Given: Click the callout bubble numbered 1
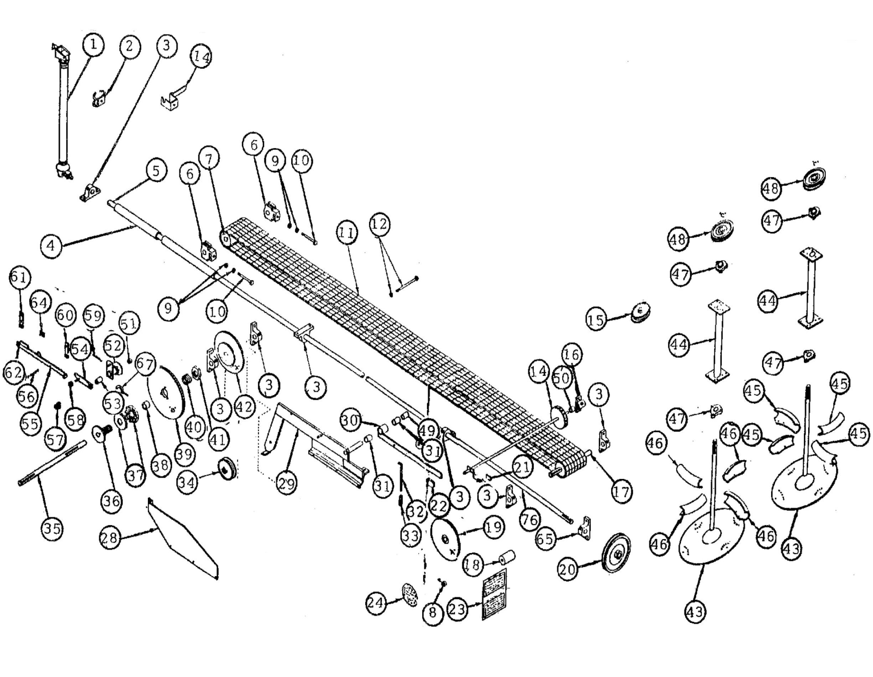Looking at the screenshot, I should click(93, 44).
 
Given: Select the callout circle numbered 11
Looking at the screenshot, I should click(347, 232).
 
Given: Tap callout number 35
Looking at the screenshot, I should click(52, 528).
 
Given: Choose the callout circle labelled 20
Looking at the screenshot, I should click(567, 569).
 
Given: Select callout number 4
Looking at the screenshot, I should click(51, 246).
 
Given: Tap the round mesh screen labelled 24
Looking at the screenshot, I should click(409, 594).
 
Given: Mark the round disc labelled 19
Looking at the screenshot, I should click(446, 540).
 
